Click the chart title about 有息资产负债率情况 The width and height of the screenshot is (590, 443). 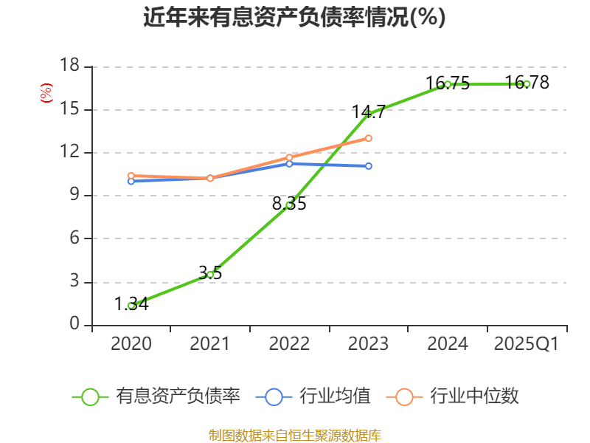click(294, 18)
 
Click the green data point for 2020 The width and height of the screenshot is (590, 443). click(131, 305)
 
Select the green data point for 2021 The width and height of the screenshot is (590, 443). click(210, 274)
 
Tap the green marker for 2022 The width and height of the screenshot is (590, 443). click(290, 205)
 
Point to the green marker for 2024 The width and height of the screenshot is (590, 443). click(448, 84)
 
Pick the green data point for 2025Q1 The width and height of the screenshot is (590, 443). click(527, 83)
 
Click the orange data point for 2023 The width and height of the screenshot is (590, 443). click(369, 138)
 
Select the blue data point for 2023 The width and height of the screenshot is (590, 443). click(369, 166)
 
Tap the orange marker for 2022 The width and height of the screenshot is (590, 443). click(290, 157)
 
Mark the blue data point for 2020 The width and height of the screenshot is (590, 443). click(131, 181)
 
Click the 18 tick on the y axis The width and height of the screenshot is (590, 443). click(69, 66)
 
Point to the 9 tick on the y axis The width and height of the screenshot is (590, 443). click(74, 196)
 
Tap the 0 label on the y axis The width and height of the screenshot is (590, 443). click(74, 325)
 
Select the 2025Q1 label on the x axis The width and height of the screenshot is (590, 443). click(527, 343)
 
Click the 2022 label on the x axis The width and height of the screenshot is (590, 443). click(290, 343)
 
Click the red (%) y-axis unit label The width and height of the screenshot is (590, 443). click(46, 93)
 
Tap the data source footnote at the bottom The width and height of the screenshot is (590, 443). click(294, 435)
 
